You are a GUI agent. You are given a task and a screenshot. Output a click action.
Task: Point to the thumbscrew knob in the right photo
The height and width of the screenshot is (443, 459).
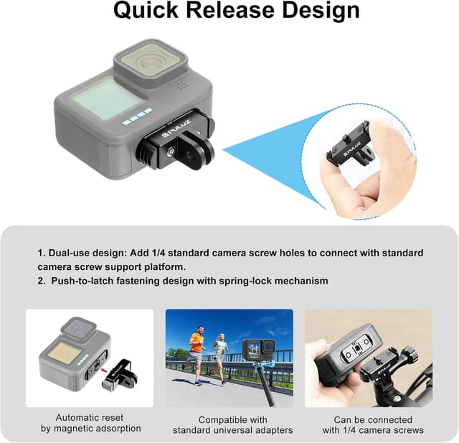[x=411, y=355]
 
